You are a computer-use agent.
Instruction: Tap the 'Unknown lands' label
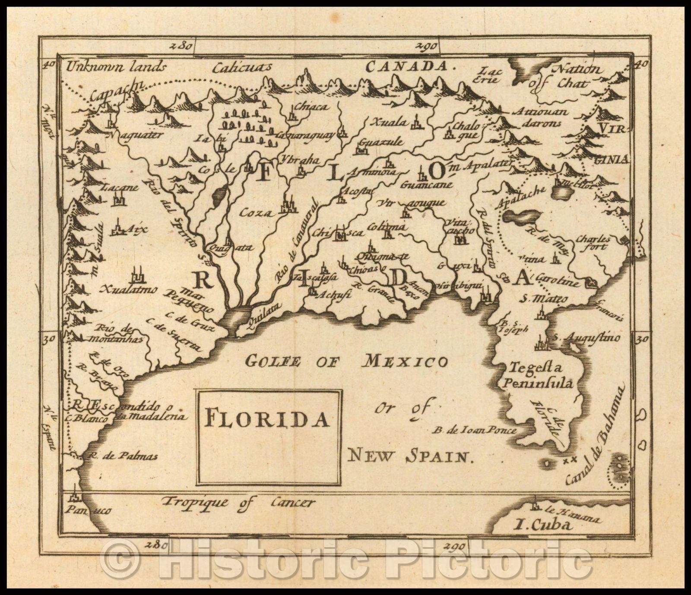(x=116, y=66)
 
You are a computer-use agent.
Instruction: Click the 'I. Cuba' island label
(x=543, y=526)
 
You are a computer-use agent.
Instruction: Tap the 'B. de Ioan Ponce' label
(x=475, y=430)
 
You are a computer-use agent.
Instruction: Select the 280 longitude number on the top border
(x=181, y=46)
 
